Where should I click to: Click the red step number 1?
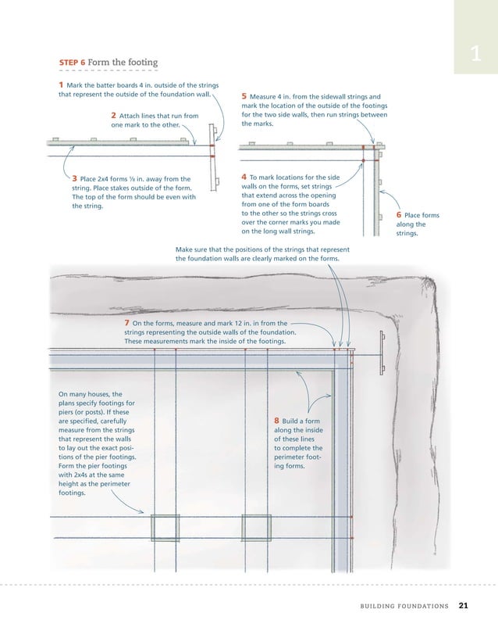click(61, 84)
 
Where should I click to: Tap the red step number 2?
click(114, 115)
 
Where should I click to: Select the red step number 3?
click(75, 178)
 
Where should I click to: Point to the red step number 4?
click(244, 177)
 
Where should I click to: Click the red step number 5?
click(244, 96)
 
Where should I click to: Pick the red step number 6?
click(399, 214)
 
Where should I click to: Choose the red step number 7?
click(127, 323)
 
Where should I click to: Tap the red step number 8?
click(276, 421)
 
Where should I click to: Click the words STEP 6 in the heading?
click(73, 63)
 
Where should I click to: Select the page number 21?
click(464, 605)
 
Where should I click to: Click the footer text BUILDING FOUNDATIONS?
click(404, 606)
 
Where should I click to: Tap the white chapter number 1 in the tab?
click(475, 53)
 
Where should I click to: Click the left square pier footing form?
click(165, 528)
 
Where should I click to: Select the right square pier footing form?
click(257, 528)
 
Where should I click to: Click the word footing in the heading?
click(143, 63)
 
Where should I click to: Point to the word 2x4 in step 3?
click(103, 178)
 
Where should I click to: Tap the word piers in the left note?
click(67, 412)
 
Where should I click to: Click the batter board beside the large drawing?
click(382, 353)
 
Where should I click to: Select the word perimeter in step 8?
click(288, 457)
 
